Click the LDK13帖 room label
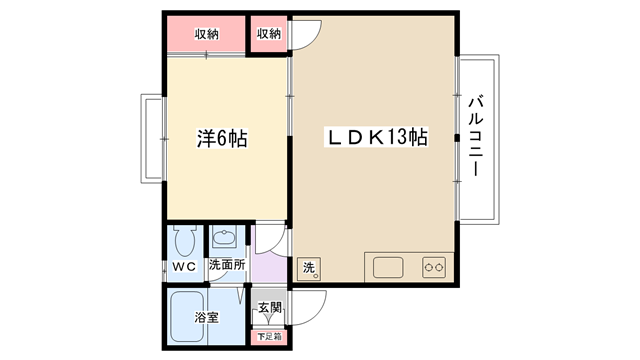pyautogui.click(x=376, y=137)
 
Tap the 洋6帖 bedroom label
pyautogui.click(x=222, y=138)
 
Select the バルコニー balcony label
pyautogui.click(x=475, y=136)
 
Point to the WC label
pyautogui.click(x=184, y=267)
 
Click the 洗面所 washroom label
pyautogui.click(x=227, y=264)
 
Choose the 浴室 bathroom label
pyautogui.click(x=207, y=317)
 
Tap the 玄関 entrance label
pyautogui.click(x=270, y=307)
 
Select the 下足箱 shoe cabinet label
pyautogui.click(x=269, y=337)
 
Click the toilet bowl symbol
pyautogui.click(x=185, y=241)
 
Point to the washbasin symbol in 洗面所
pyautogui.click(x=224, y=239)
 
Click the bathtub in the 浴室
pyautogui.click(x=187, y=317)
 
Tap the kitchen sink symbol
pyautogui.click(x=388, y=268)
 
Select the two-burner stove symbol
pyautogui.click(x=433, y=268)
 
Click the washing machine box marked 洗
pyautogui.click(x=309, y=269)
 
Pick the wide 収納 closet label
pyautogui.click(x=207, y=34)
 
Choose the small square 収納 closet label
pyautogui.click(x=269, y=34)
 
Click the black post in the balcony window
pyautogui.click(x=457, y=138)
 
